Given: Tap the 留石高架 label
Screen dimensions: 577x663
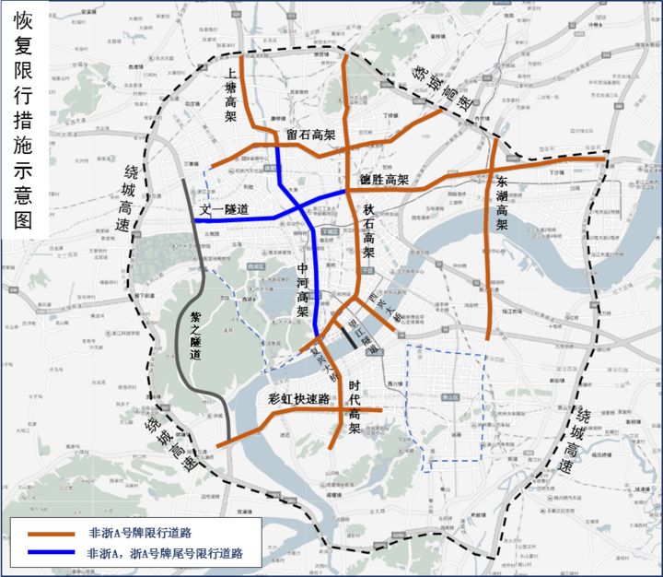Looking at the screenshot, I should point(309,135).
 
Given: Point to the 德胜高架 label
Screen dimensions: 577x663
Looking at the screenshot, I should point(383,179).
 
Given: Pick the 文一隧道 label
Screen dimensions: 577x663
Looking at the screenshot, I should point(225,210).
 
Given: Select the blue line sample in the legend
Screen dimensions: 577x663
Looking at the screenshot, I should point(52,554).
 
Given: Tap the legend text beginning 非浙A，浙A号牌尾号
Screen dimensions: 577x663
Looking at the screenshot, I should point(165,554).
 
